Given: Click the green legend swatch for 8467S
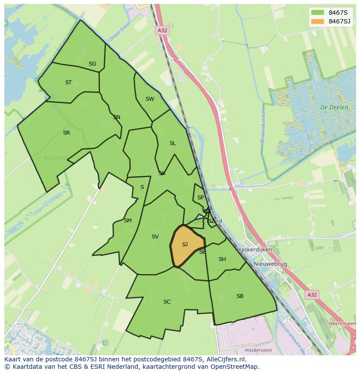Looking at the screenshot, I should click(317, 12).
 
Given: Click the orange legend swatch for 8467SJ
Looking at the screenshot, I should click(317, 21).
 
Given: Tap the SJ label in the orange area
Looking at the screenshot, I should click(185, 245).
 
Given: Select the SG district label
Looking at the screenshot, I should click(92, 64).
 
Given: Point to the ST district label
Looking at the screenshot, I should click(68, 83).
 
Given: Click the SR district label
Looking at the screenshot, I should click(67, 133).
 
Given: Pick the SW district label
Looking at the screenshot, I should click(150, 99).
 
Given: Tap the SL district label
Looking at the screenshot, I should click(173, 143).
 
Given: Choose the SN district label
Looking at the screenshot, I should click(117, 117).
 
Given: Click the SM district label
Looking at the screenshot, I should click(127, 221).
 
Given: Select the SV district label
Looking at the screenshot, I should click(155, 237).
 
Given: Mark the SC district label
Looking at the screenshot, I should click(167, 302).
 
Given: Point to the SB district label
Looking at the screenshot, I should click(240, 296).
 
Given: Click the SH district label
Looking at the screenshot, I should click(222, 259).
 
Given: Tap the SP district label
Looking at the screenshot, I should click(200, 198).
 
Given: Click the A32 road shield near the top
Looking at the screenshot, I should click(162, 30).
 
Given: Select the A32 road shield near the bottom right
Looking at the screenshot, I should click(312, 295).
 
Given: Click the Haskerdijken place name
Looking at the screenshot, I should click(254, 250).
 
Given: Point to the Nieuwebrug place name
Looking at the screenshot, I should click(271, 264).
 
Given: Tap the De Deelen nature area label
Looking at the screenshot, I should click(334, 107).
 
